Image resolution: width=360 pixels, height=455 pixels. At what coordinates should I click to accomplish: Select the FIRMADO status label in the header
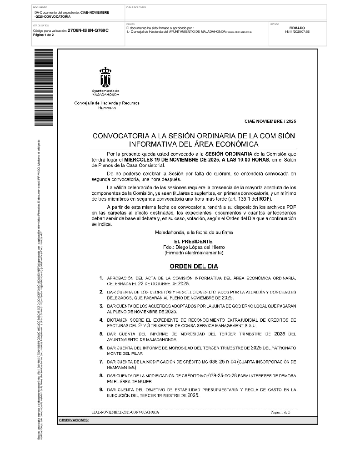coord(297,28)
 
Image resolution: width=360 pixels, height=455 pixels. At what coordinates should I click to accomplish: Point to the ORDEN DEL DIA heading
coord(194,266)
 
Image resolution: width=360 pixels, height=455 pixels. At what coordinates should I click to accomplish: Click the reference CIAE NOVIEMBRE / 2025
coord(270,121)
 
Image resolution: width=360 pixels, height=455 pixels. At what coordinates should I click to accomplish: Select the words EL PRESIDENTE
coord(194,241)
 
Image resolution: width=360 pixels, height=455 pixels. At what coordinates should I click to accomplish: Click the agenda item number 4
coord(101,320)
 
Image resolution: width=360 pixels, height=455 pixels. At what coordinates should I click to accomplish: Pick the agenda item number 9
coord(101,390)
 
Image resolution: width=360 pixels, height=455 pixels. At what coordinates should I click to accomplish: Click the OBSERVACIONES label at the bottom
coord(74,420)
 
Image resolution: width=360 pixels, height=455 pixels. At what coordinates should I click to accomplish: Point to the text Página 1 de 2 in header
coord(44,35)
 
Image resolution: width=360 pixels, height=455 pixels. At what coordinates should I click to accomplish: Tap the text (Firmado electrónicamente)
coord(194,252)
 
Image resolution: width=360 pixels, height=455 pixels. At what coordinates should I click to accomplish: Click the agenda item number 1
coord(101,278)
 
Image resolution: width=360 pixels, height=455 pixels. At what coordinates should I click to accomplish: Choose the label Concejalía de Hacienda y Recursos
coord(107,103)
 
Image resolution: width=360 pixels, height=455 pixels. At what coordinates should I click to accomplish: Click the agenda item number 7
coord(101,362)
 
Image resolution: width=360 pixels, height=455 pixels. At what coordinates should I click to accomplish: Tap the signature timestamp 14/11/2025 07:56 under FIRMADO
coord(297,32)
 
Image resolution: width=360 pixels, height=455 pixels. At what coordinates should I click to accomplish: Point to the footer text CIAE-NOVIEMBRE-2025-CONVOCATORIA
coord(125,412)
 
